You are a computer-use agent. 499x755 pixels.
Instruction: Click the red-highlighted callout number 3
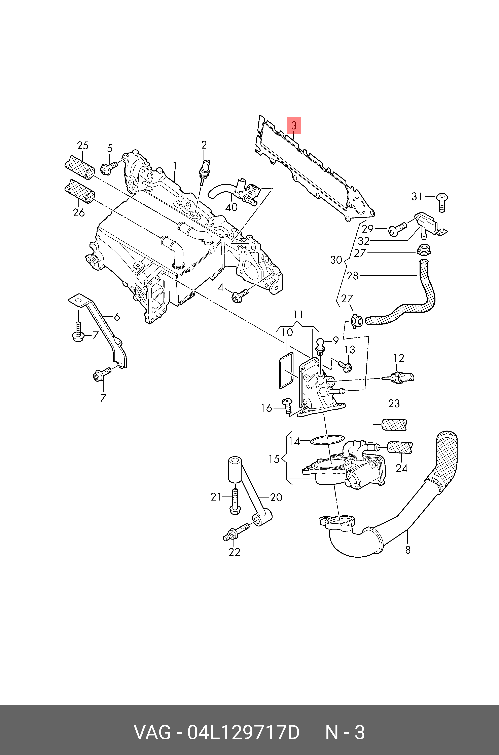tap(294, 126)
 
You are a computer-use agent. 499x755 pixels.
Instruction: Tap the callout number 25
tap(83, 146)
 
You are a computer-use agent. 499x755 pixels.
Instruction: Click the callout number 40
tap(231, 207)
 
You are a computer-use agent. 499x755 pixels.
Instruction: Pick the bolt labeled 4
tap(239, 295)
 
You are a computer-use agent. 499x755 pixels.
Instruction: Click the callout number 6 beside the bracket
tap(117, 317)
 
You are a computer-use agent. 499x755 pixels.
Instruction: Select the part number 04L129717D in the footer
tap(243, 723)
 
